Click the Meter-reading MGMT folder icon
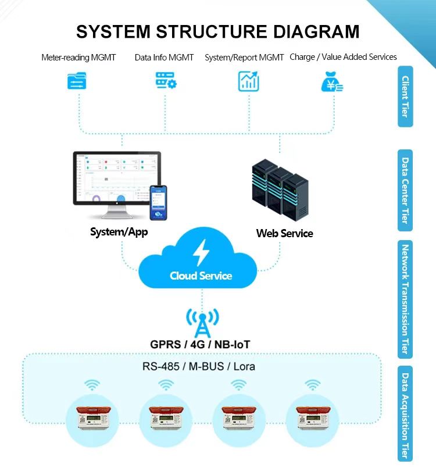coord(77,81)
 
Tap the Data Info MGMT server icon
coord(166,81)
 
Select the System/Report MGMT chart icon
coord(249,81)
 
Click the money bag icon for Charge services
coord(332,81)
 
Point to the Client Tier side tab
coord(405,97)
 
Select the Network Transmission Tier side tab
coord(405,299)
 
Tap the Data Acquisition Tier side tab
coord(405,413)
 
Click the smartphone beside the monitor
coord(158,202)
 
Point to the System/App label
coord(119,232)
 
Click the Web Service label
coord(284,233)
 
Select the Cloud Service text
coord(201,276)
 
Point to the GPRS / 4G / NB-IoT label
coord(200,345)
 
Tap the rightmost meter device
coord(313,416)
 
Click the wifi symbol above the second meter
coord(166,385)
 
